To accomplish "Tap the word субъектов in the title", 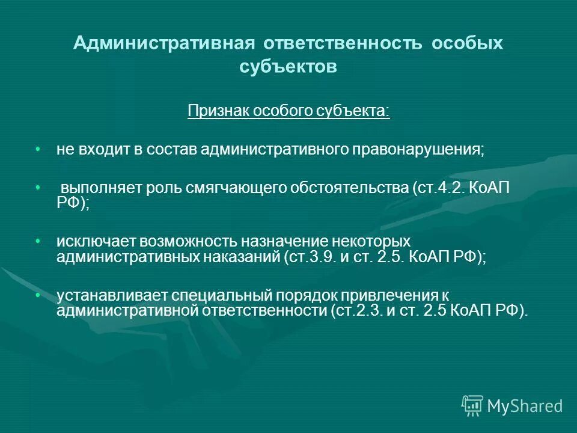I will coord(288,67).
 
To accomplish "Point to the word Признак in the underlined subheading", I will coord(217,111).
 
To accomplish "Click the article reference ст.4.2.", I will coord(437,189).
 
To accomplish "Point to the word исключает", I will coord(96,242).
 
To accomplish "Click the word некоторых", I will coord(373,242).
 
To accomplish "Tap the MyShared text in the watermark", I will coord(525,407).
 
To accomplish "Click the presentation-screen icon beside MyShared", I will coord(472,406).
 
